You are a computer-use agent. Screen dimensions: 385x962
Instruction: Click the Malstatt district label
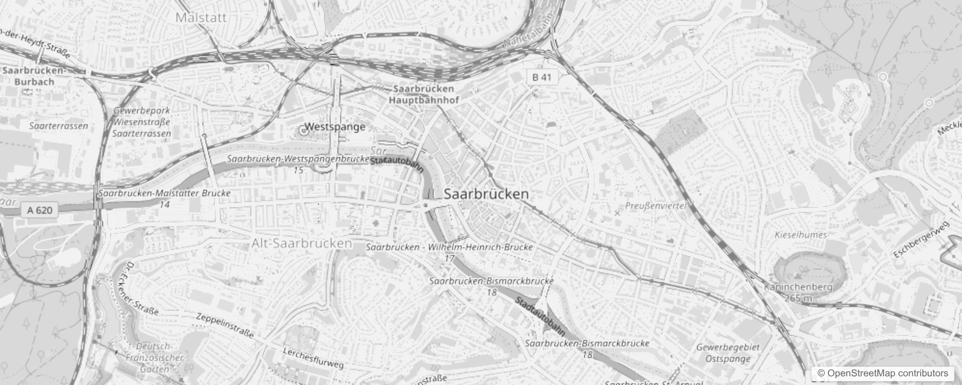click(201, 18)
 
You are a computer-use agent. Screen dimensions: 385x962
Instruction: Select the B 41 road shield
click(542, 77)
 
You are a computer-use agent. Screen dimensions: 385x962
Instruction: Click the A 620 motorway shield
click(40, 210)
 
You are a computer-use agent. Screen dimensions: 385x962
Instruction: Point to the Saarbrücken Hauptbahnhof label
click(423, 94)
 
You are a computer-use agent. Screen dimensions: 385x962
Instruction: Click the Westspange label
click(335, 127)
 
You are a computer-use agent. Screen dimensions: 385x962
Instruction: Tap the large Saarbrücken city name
click(486, 194)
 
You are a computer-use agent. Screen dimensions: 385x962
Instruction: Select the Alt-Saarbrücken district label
click(302, 244)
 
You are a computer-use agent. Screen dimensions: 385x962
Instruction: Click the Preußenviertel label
click(655, 205)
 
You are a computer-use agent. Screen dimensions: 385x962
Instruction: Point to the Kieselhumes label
click(801, 235)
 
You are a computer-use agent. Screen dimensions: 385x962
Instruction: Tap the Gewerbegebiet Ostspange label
click(728, 353)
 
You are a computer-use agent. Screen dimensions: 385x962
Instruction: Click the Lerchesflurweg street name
click(313, 359)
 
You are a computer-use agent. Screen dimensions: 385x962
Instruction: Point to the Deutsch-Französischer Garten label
click(154, 358)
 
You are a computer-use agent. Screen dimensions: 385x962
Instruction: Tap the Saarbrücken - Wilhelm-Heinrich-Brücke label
click(449, 247)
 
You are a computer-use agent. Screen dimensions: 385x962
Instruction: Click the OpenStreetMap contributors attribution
click(882, 373)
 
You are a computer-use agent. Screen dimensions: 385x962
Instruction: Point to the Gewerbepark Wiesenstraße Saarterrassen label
click(142, 122)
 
